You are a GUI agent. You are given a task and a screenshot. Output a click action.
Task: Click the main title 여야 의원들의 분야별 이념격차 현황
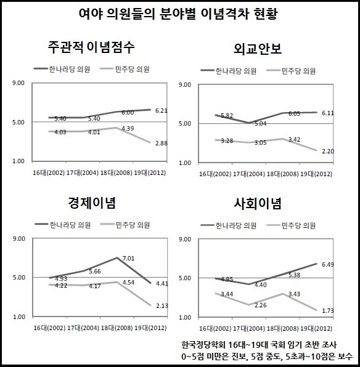[178, 14]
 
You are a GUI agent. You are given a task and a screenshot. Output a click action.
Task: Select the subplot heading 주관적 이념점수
[91, 47]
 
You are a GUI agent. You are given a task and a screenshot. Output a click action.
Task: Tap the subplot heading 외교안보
[258, 49]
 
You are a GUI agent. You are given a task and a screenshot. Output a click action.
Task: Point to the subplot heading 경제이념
[92, 203]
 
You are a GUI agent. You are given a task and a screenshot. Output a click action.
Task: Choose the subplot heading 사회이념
[258, 204]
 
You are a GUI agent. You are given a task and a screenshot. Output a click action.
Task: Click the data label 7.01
[128, 259]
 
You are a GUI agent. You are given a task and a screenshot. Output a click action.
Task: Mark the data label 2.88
[162, 143]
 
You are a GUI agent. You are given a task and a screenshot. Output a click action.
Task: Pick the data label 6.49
[328, 265]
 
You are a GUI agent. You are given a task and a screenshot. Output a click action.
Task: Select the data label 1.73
[328, 310]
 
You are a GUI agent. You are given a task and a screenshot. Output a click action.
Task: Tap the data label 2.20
[328, 151]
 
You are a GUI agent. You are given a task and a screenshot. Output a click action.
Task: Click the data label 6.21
[162, 110]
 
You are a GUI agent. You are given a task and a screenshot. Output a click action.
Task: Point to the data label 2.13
[162, 305]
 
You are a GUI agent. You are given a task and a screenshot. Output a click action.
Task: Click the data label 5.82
[227, 115]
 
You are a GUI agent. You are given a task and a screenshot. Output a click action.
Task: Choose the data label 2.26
[260, 305]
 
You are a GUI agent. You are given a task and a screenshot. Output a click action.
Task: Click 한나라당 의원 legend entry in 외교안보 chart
[229, 71]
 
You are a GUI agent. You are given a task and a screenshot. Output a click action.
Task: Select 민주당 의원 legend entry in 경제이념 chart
[125, 225]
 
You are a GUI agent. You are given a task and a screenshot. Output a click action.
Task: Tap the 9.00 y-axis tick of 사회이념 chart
[185, 240]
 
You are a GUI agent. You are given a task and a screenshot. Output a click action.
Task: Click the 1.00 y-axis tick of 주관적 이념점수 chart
[18, 161]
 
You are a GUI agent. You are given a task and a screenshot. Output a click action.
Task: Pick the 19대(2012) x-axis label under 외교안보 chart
[316, 174]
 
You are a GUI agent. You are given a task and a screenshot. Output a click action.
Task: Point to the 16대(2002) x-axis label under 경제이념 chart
[49, 328]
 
